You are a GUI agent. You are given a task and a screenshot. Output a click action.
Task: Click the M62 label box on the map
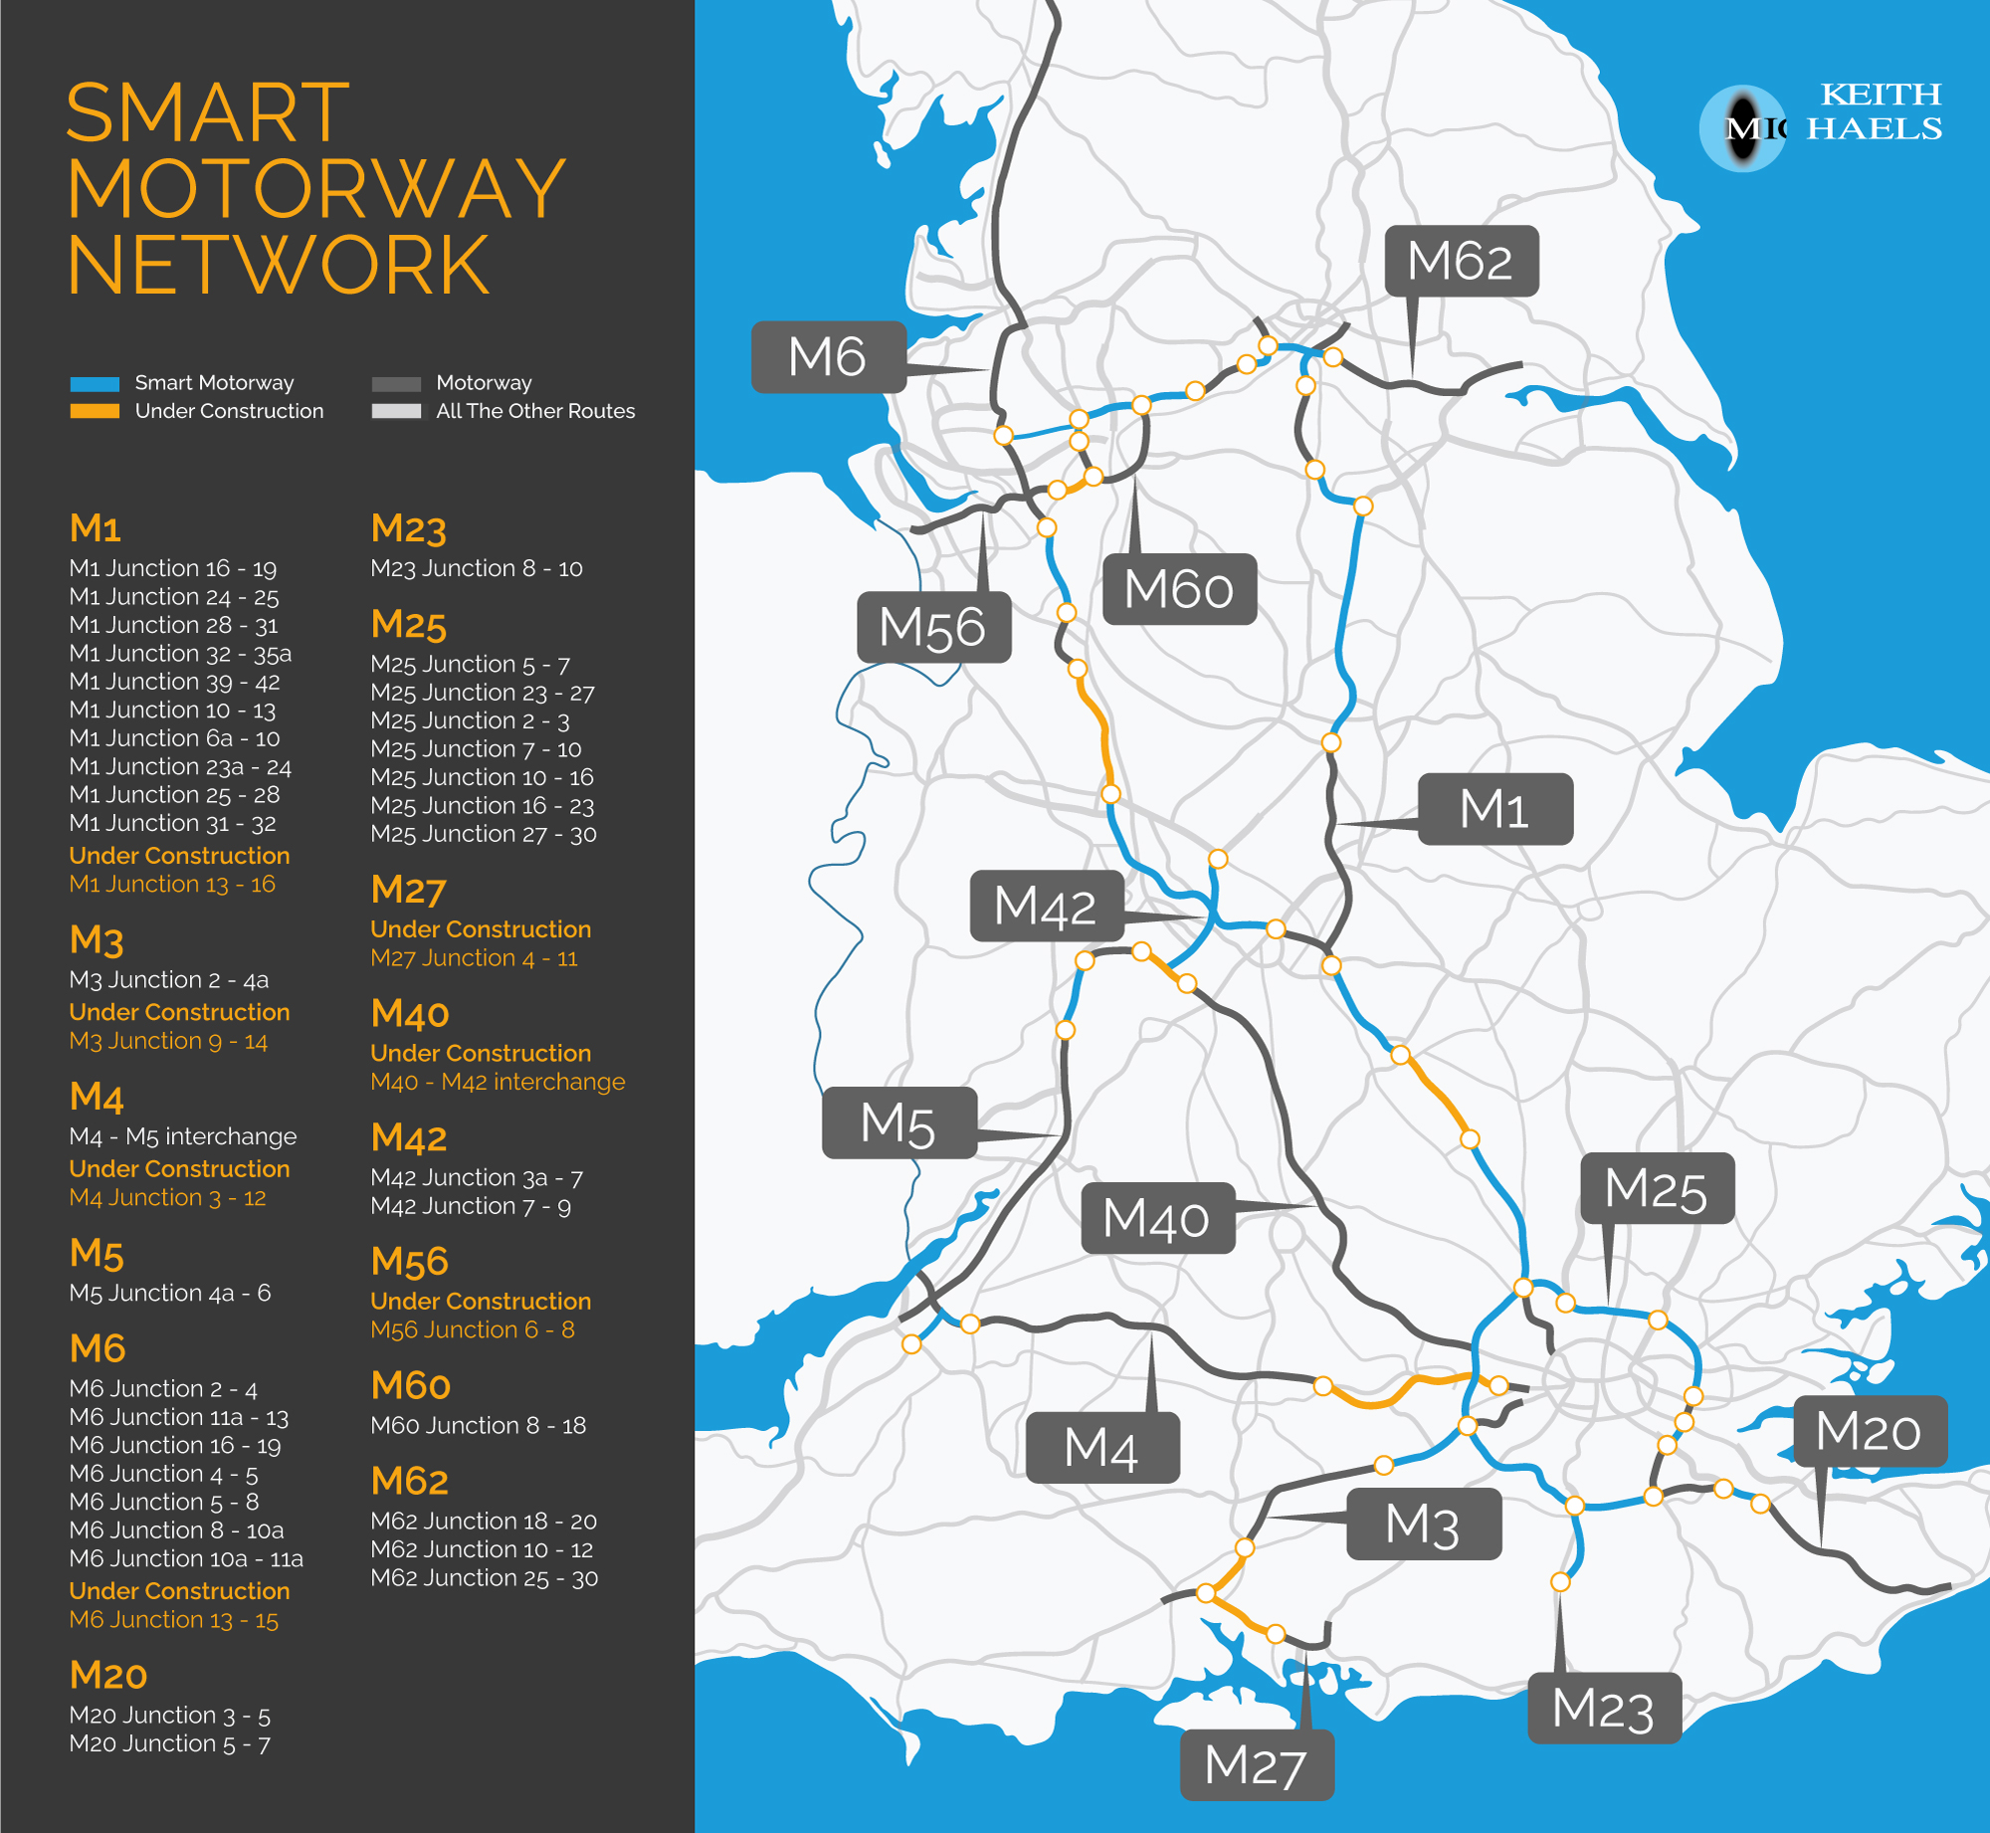click(x=1461, y=262)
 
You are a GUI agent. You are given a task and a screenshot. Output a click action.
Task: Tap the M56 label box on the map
click(x=933, y=627)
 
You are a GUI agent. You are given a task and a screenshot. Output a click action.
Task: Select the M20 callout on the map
click(x=1869, y=1431)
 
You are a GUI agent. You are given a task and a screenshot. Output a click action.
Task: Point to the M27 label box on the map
click(x=1256, y=1765)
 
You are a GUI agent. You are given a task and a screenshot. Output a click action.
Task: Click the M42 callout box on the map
click(x=1046, y=906)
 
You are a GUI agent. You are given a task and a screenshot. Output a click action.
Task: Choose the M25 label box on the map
click(x=1657, y=1188)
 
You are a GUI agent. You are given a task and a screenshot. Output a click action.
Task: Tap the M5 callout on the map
click(x=898, y=1122)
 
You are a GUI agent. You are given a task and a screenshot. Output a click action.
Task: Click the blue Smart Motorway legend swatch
click(x=95, y=384)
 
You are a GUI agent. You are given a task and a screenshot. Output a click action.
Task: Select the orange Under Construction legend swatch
click(x=95, y=411)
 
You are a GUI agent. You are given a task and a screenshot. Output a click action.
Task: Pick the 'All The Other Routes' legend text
click(x=535, y=411)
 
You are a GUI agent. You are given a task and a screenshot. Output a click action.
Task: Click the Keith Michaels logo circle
click(x=1742, y=128)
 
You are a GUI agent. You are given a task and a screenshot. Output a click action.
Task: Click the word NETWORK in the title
click(x=279, y=266)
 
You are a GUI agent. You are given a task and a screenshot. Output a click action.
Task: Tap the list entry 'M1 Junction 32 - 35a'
click(x=180, y=654)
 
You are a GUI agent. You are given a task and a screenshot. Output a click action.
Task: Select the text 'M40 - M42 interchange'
click(x=497, y=1082)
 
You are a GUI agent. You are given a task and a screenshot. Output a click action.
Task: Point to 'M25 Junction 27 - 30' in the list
click(x=484, y=834)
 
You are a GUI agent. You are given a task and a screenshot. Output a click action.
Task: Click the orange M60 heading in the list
click(x=410, y=1385)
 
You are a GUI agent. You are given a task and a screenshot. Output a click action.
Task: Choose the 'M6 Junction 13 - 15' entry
click(x=174, y=1620)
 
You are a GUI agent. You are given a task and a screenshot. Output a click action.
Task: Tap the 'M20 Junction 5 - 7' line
click(x=169, y=1743)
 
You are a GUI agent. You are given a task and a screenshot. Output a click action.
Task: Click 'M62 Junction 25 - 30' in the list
click(x=484, y=1578)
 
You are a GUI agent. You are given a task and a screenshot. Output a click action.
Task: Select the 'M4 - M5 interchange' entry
click(x=183, y=1136)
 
